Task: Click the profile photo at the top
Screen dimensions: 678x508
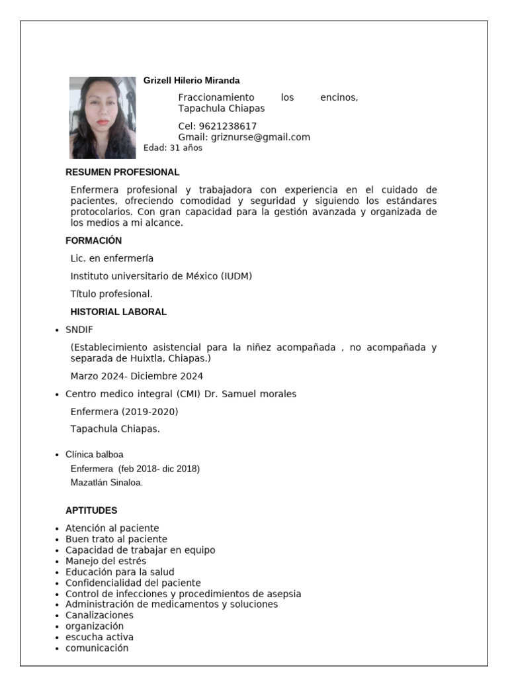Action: pyautogui.click(x=102, y=117)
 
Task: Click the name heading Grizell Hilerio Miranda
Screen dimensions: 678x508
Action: pyautogui.click(x=191, y=81)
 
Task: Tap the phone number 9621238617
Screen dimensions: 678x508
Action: pyautogui.click(x=228, y=126)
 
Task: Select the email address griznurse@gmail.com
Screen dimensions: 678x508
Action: pyautogui.click(x=260, y=137)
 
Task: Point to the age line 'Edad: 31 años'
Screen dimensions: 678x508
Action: pyautogui.click(x=173, y=148)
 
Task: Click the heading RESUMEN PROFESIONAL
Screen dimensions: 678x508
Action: pyautogui.click(x=122, y=172)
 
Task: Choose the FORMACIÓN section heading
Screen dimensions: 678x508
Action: pyautogui.click(x=93, y=240)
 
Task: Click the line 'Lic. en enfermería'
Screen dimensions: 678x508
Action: pyautogui.click(x=112, y=258)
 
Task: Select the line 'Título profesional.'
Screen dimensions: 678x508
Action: pyautogui.click(x=112, y=294)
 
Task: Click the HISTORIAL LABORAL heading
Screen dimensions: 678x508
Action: pyautogui.click(x=118, y=312)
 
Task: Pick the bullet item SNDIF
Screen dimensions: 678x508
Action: pyautogui.click(x=79, y=330)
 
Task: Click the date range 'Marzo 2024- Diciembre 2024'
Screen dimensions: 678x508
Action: pyautogui.click(x=137, y=376)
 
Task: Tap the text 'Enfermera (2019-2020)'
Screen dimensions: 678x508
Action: pyautogui.click(x=124, y=412)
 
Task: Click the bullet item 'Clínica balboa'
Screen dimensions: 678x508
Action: pyautogui.click(x=94, y=454)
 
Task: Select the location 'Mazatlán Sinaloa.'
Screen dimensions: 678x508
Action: pyautogui.click(x=106, y=483)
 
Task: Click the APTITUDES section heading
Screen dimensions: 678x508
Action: pyautogui.click(x=91, y=510)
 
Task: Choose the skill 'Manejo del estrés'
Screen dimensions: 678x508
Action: pyautogui.click(x=106, y=561)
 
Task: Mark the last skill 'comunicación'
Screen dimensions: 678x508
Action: pyautogui.click(x=97, y=648)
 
